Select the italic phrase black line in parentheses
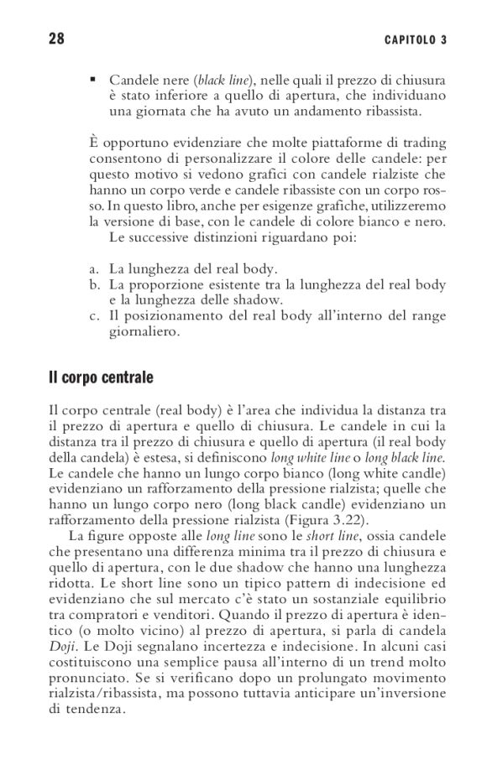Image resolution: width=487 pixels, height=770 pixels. pos(223,81)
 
